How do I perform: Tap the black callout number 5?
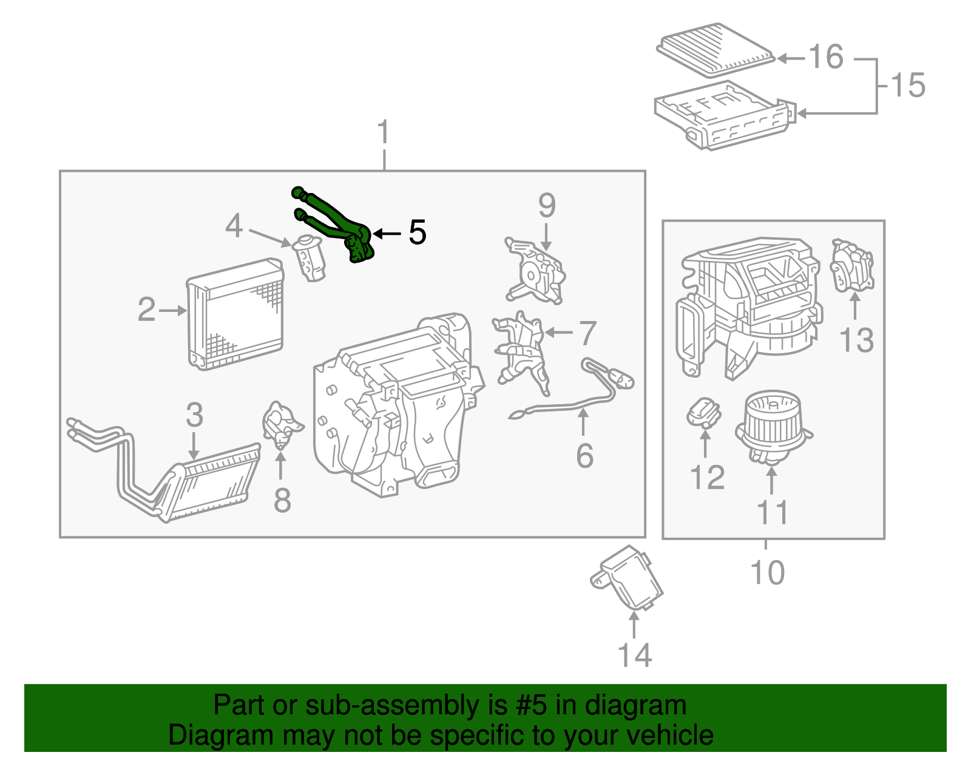tap(417, 232)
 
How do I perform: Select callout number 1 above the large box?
tap(383, 132)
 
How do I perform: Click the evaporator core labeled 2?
tap(235, 314)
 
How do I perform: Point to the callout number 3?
tap(194, 415)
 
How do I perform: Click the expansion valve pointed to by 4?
tap(310, 258)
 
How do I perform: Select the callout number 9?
tap(546, 206)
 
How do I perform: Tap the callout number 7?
tap(587, 333)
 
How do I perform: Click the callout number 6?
tap(584, 456)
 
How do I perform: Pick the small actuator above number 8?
tap(280, 424)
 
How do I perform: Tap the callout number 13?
tap(856, 340)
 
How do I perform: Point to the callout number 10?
tap(767, 572)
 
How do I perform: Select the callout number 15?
tap(908, 84)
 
